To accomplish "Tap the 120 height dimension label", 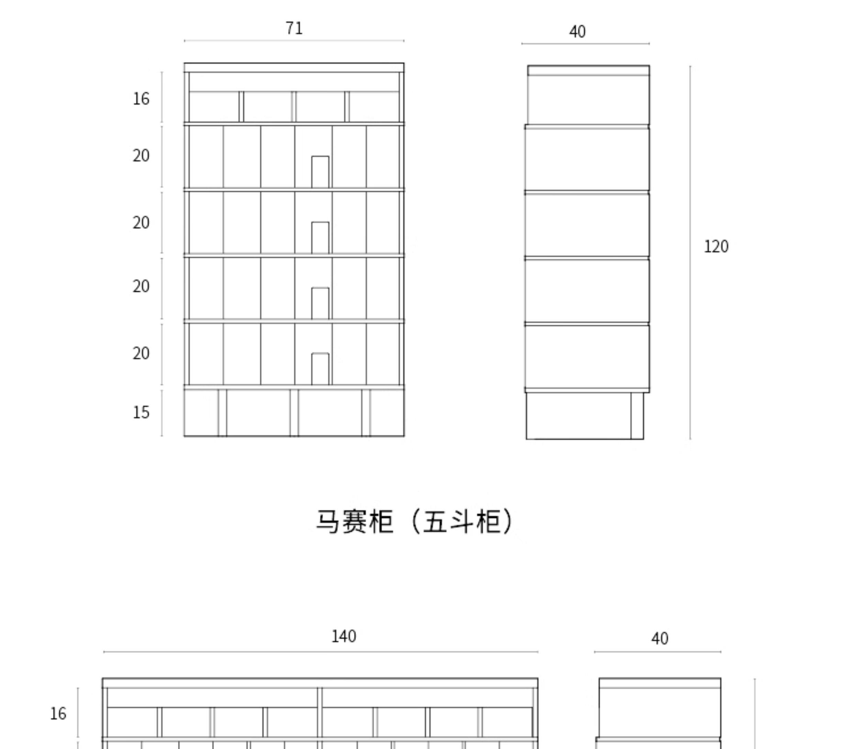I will click(716, 246).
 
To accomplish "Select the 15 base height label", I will click(141, 412).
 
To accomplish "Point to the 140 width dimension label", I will click(344, 636).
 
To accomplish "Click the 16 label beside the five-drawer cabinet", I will click(141, 99).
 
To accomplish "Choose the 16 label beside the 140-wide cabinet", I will click(58, 714).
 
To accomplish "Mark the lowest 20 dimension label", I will click(141, 354).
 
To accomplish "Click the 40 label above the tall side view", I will click(577, 32).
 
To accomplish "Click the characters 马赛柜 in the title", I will click(354, 522).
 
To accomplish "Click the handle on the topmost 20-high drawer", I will click(320, 172).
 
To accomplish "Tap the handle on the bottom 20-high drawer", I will click(320, 369).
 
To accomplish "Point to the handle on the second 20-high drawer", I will click(320, 237).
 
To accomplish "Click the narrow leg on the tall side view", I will click(637, 415).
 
